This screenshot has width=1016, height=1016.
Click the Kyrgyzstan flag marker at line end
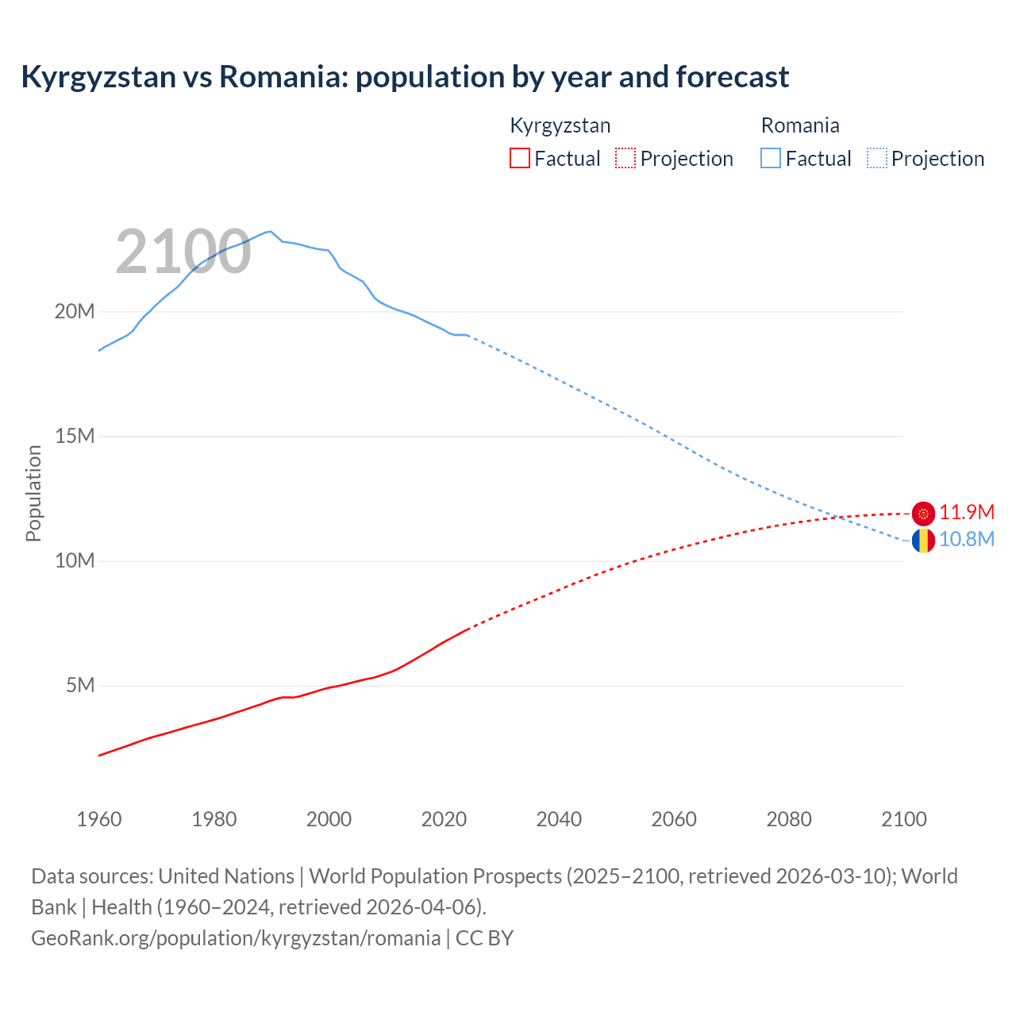pyautogui.click(x=923, y=514)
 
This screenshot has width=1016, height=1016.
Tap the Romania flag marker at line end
pyautogui.click(x=923, y=541)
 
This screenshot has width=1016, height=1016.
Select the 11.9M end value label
pyautogui.click(x=967, y=513)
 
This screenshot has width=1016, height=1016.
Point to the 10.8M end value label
pyautogui.click(x=967, y=540)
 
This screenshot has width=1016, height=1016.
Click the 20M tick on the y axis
pyautogui.click(x=75, y=312)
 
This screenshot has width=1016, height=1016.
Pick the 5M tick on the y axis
pyautogui.click(x=80, y=685)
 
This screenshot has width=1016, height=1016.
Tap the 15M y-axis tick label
pyautogui.click(x=75, y=436)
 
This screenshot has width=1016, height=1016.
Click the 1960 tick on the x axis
pyautogui.click(x=99, y=819)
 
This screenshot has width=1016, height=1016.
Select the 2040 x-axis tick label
pyautogui.click(x=559, y=819)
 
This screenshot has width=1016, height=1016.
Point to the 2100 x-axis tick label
pyautogui.click(x=904, y=819)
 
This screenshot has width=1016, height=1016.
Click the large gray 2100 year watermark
pyautogui.click(x=183, y=252)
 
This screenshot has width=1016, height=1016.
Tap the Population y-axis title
pyautogui.click(x=33, y=493)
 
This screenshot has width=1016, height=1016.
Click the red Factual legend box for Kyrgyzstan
pyautogui.click(x=520, y=158)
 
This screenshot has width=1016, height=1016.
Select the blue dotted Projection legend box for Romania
pyautogui.click(x=877, y=158)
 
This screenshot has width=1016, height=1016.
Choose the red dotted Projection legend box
pyautogui.click(x=625, y=158)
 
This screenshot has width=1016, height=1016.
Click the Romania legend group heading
pyautogui.click(x=800, y=125)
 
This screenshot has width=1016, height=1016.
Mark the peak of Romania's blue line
pyautogui.click(x=271, y=231)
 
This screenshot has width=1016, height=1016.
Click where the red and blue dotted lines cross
pyautogui.click(x=837, y=517)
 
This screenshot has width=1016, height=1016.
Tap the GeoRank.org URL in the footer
pyautogui.click(x=236, y=938)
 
